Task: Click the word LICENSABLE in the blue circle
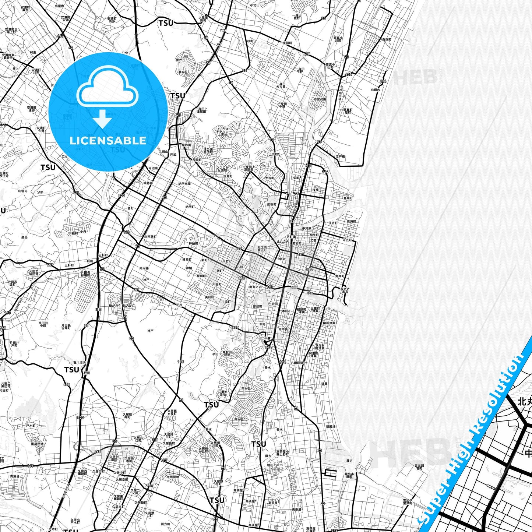[x=108, y=141]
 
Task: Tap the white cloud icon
[x=108, y=88]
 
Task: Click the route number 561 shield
[x=301, y=254]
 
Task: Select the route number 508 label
[x=294, y=288]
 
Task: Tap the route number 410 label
[x=307, y=54]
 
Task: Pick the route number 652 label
[x=348, y=75]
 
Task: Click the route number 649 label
[x=61, y=36]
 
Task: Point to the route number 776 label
[x=268, y=348]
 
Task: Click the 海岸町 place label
[x=340, y=276]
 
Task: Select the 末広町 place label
[x=347, y=240]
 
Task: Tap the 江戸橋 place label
[x=340, y=156]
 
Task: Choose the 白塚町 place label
[x=386, y=39]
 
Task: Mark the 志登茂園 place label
[x=320, y=99]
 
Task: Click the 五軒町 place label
[x=103, y=255]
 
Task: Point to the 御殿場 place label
[x=331, y=426]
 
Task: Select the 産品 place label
[x=24, y=237]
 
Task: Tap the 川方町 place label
[x=165, y=524]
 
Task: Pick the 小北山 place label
[x=254, y=6]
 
